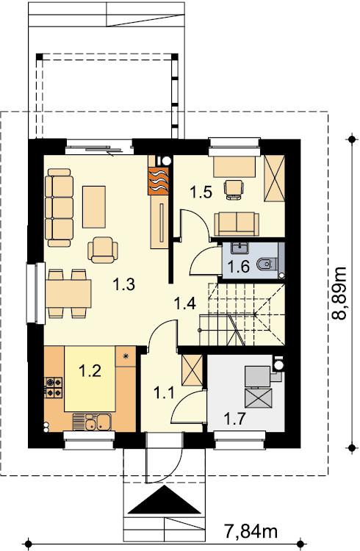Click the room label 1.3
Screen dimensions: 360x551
(x=123, y=284)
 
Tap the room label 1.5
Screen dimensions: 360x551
(x=201, y=192)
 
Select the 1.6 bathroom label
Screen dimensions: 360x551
(x=239, y=267)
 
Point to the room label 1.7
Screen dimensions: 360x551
(x=234, y=419)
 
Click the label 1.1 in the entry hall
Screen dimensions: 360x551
(x=164, y=392)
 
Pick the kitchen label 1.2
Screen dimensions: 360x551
(x=90, y=371)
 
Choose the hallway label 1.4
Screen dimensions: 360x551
(x=186, y=303)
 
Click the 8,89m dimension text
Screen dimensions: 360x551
(x=339, y=293)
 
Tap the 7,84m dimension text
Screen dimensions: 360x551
(x=251, y=530)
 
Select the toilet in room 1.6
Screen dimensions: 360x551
(x=267, y=264)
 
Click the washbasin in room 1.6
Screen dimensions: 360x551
(x=240, y=248)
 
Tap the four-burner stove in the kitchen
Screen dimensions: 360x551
(x=54, y=387)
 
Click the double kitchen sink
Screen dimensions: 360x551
(x=92, y=422)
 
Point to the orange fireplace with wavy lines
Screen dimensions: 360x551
(x=159, y=181)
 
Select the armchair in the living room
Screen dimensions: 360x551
(x=103, y=250)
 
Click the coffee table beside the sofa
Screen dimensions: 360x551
(x=94, y=206)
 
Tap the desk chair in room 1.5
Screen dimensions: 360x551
(x=234, y=190)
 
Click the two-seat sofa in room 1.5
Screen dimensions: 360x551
(x=237, y=224)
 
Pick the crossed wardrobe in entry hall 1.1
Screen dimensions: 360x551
(x=192, y=370)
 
